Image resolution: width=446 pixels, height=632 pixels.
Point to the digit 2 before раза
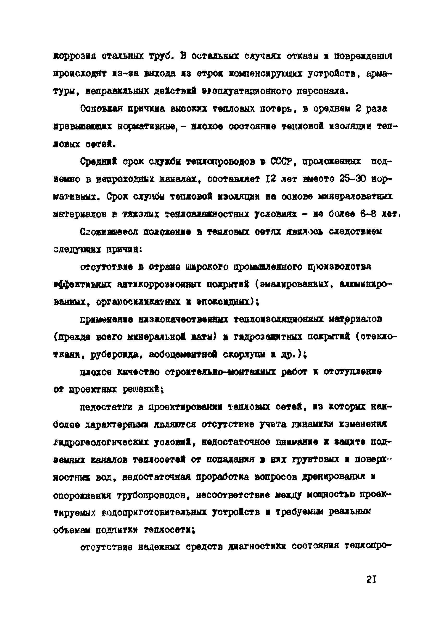(358, 109)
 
